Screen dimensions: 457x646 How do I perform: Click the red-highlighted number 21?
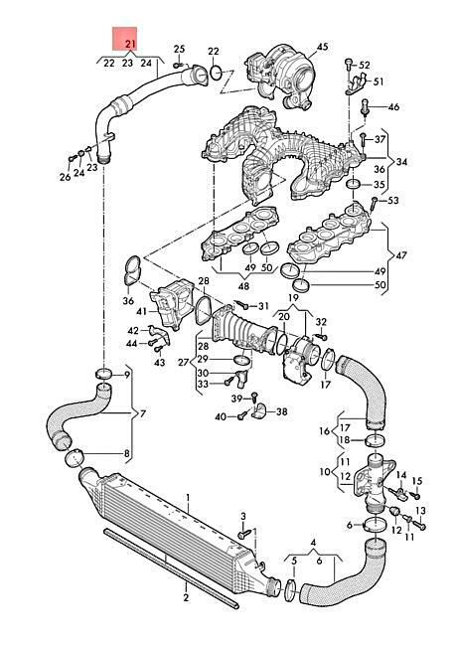pyautogui.click(x=130, y=44)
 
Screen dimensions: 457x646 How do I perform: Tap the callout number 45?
pyautogui.click(x=322, y=47)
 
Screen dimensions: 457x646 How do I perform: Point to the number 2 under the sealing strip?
pyautogui.click(x=186, y=597)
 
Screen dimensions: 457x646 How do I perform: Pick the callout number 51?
pyautogui.click(x=378, y=81)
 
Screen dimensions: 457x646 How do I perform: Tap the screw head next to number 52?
pyautogui.click(x=348, y=63)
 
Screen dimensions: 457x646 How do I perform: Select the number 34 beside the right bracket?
pyautogui.click(x=401, y=162)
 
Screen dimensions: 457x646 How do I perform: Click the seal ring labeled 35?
pyautogui.click(x=354, y=184)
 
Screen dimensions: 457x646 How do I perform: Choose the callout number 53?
pyautogui.click(x=393, y=201)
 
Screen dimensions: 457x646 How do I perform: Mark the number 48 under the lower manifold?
pyautogui.click(x=243, y=285)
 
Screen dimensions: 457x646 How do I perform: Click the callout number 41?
pyautogui.click(x=142, y=311)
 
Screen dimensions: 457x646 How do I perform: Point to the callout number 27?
pyautogui.click(x=184, y=362)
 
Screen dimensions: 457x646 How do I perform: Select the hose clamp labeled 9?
pyautogui.click(x=103, y=374)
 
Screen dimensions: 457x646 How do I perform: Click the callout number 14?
pyautogui.click(x=401, y=475)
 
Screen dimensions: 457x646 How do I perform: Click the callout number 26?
pyautogui.click(x=65, y=177)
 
